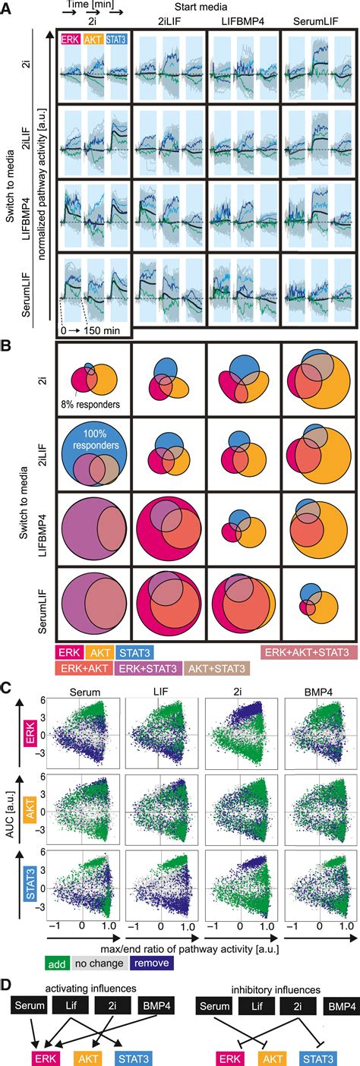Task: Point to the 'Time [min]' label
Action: (x=86, y=5)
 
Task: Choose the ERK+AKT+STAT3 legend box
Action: (x=305, y=651)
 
